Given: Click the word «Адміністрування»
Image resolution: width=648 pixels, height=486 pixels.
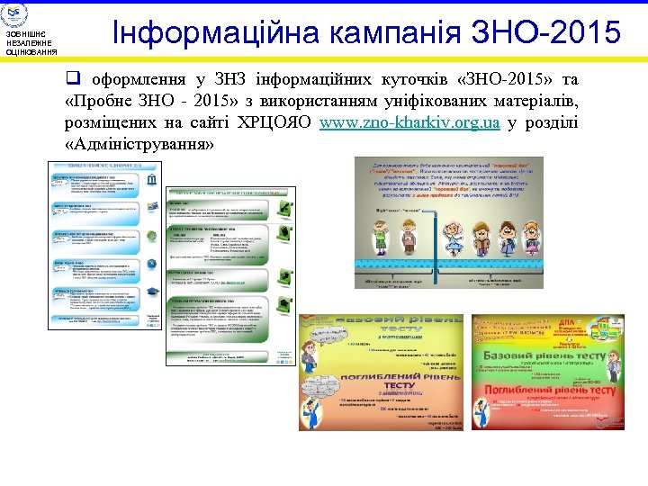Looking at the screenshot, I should (139, 144).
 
